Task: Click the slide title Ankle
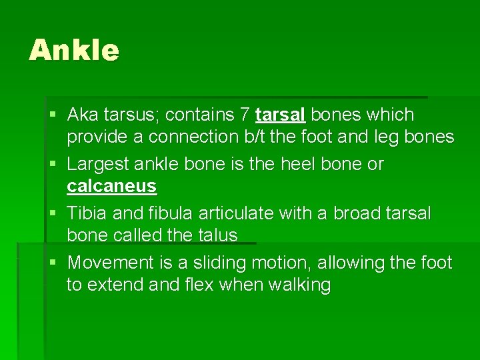click(x=74, y=51)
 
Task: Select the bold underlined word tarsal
click(x=280, y=115)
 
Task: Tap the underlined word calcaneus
click(x=111, y=186)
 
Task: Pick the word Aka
click(x=83, y=115)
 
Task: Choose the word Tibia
click(x=87, y=213)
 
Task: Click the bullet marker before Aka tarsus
click(x=53, y=115)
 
